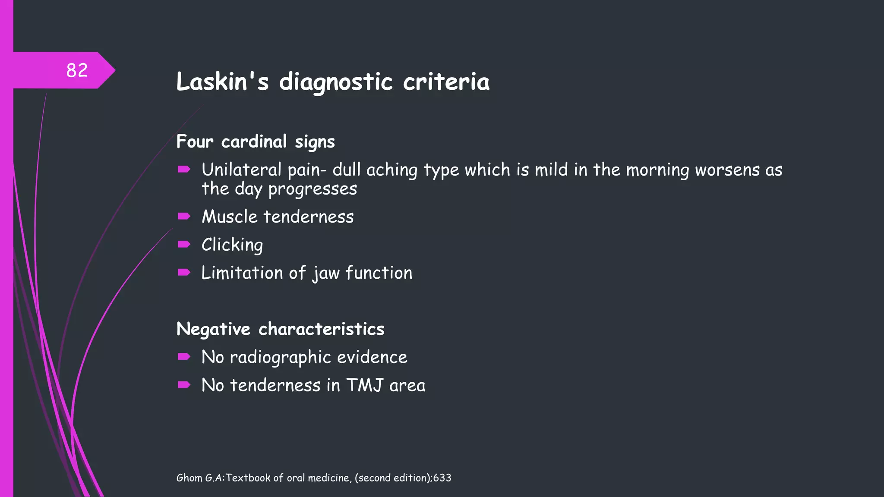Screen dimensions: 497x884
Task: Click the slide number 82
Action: [x=77, y=70]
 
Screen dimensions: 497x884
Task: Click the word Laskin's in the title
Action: [x=222, y=82]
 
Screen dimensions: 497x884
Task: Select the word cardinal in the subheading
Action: [x=254, y=142]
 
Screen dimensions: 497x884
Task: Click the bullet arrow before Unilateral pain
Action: [x=184, y=170]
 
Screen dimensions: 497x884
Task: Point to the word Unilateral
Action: [x=241, y=170]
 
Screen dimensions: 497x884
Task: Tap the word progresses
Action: [x=313, y=189]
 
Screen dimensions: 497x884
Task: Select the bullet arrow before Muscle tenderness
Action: [x=184, y=216]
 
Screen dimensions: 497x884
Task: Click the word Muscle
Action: [x=230, y=217]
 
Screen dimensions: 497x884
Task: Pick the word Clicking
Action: [x=232, y=245]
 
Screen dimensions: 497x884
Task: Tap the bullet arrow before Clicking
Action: [x=184, y=245]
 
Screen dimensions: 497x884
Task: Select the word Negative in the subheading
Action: [x=213, y=329]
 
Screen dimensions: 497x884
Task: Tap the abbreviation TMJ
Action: [x=365, y=385]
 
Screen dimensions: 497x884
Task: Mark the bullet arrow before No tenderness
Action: [x=184, y=385]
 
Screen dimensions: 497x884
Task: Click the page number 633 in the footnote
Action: [x=442, y=478]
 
